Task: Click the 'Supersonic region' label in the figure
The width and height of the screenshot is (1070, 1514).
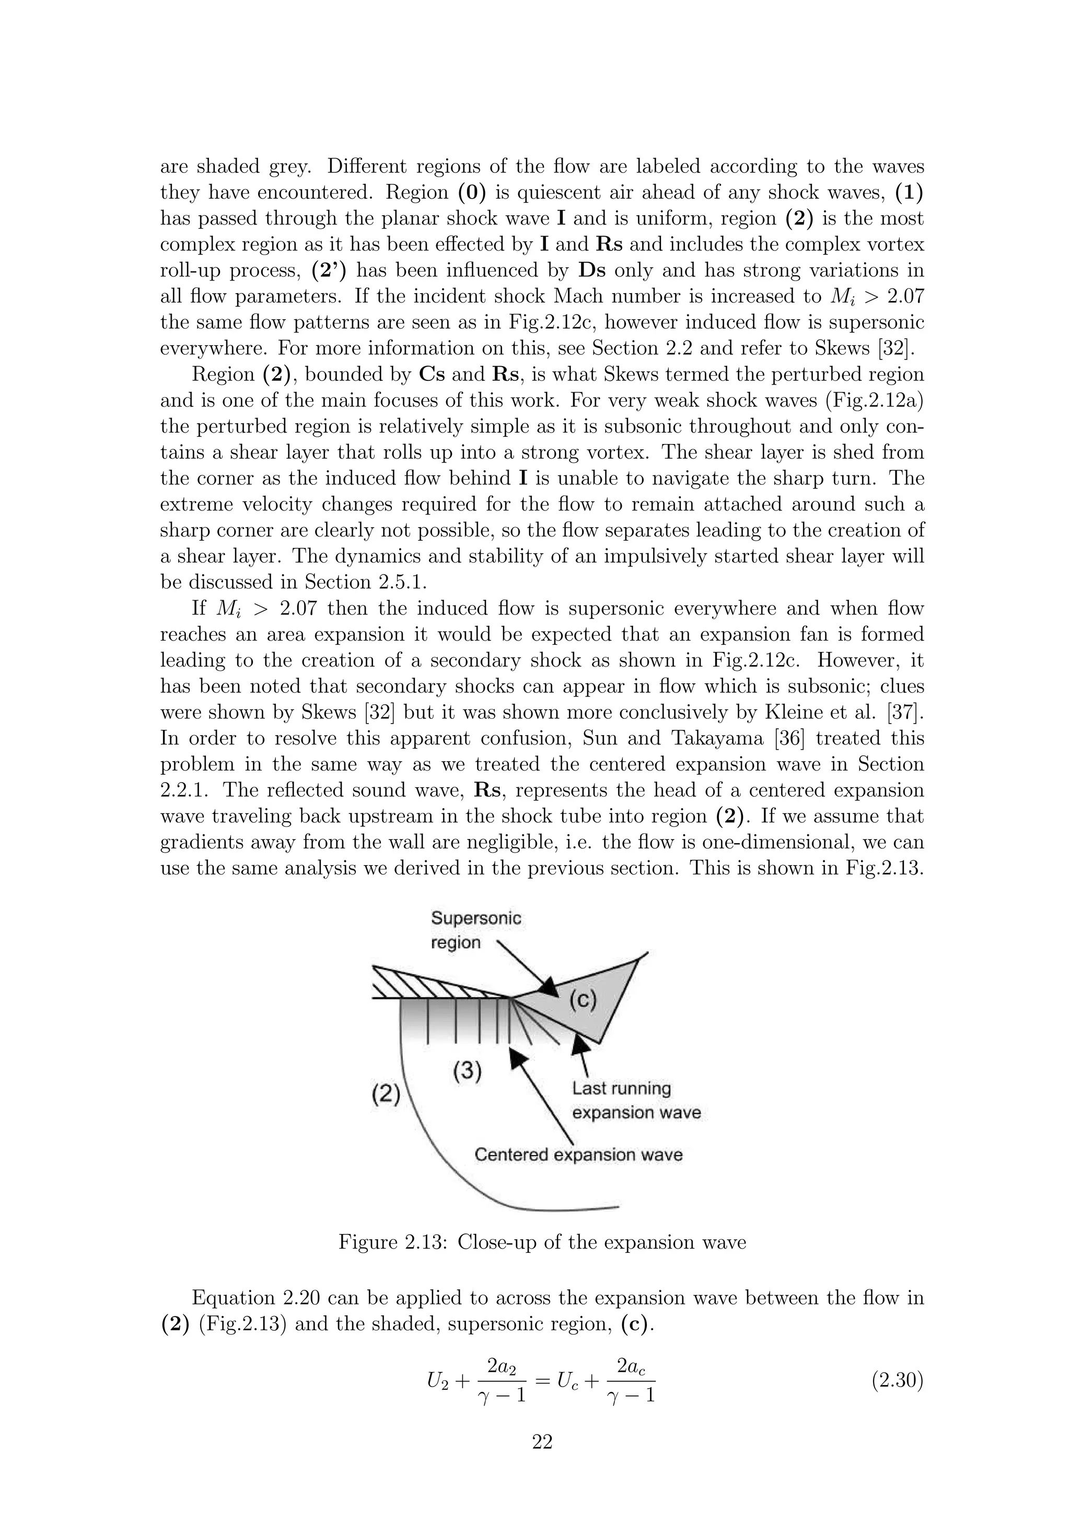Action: tap(475, 930)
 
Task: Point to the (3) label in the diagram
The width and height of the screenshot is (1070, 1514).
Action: tap(468, 1071)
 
